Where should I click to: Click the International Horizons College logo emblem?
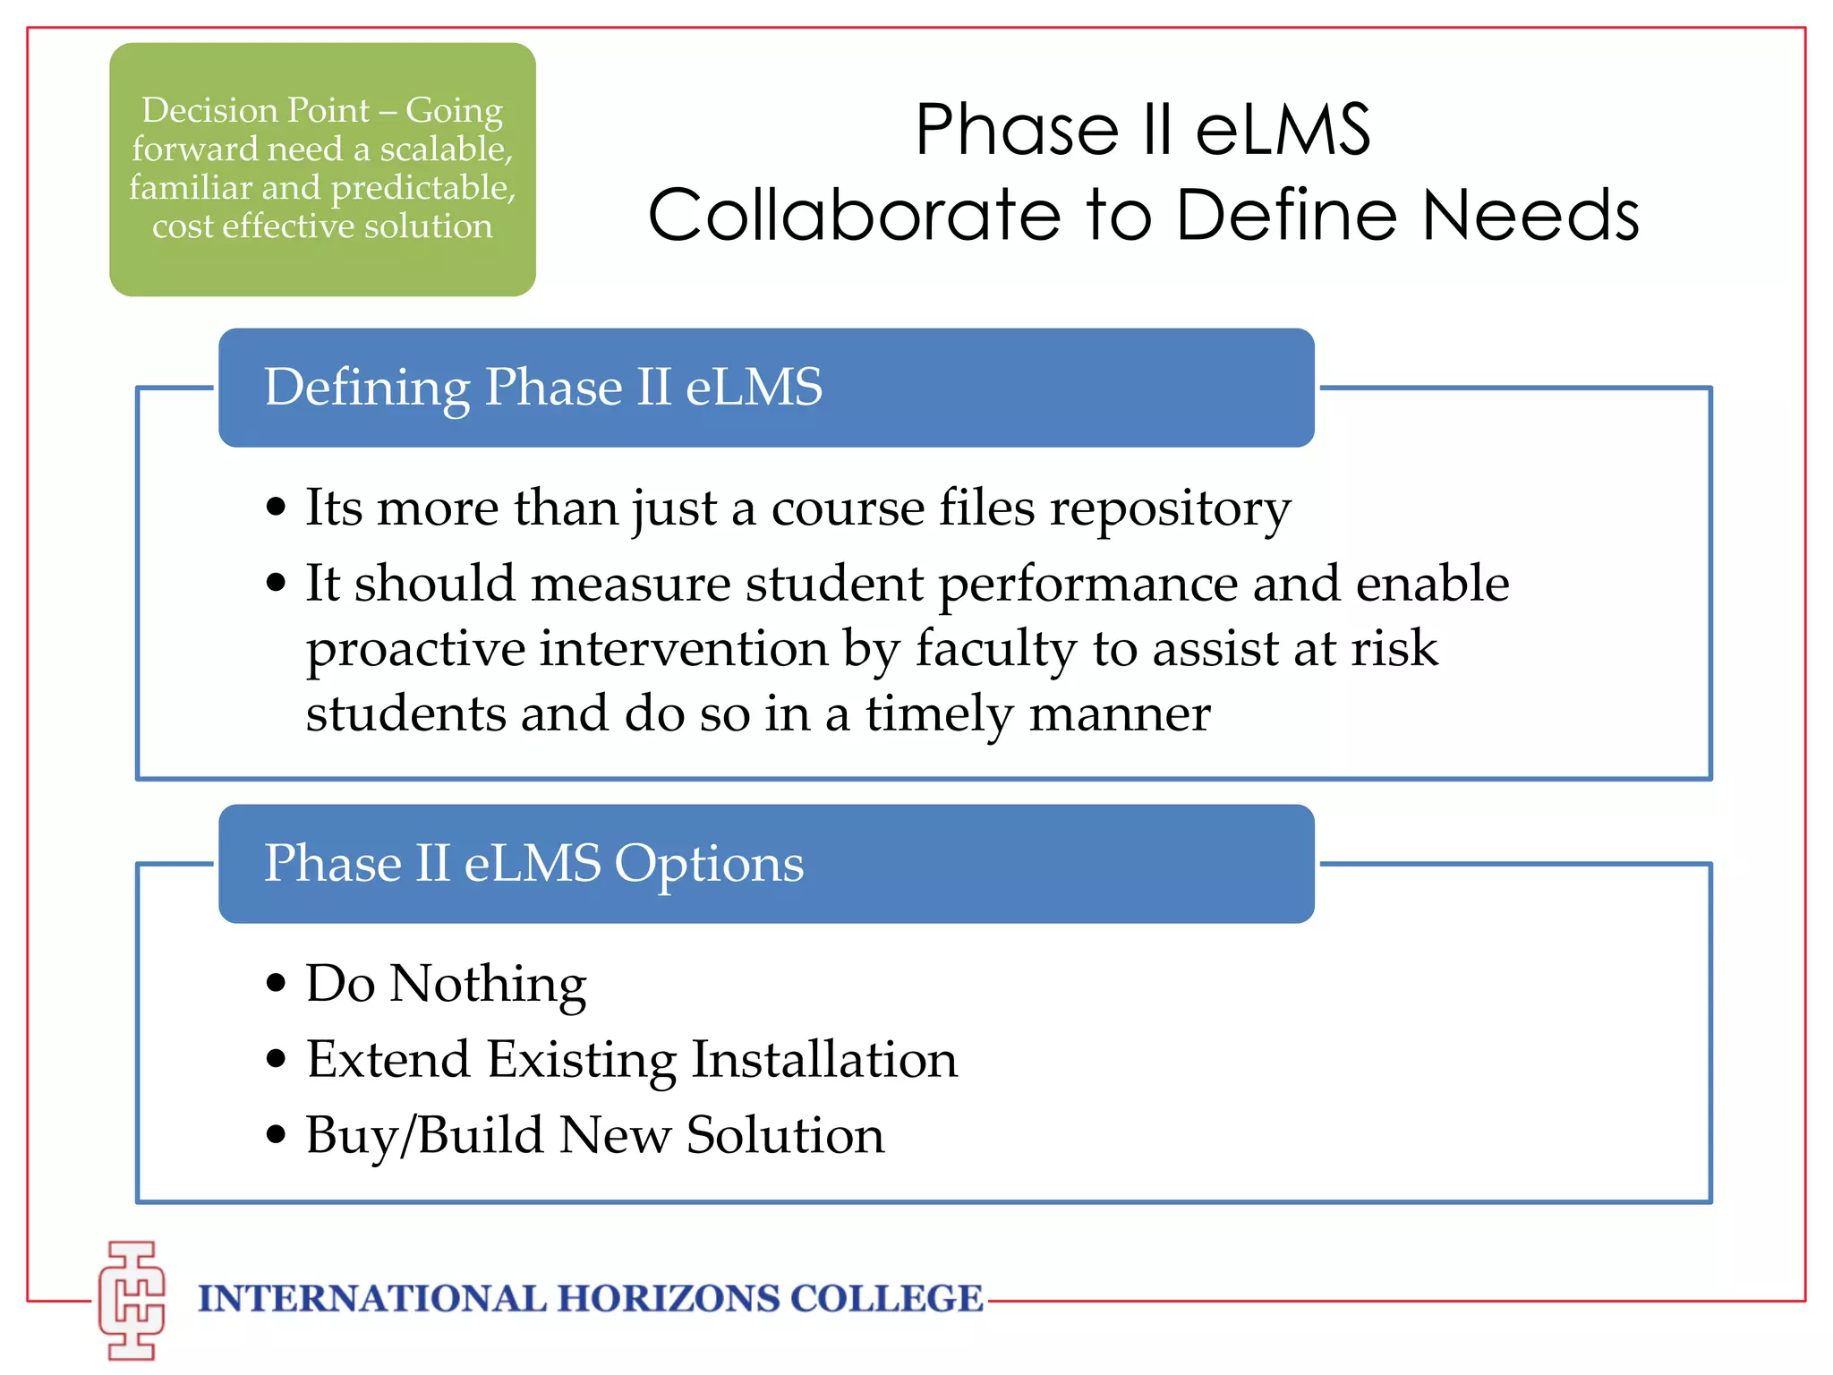(132, 1300)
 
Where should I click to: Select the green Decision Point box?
(322, 169)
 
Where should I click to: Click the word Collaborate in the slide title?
(855, 216)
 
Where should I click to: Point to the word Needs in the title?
(1530, 216)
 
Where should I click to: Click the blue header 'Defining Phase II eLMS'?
(766, 388)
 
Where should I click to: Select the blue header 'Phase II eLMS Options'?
(766, 864)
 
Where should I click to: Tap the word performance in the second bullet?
(1088, 585)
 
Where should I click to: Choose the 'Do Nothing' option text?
(446, 984)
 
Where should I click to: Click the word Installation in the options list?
(824, 1059)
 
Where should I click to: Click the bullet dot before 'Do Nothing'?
(277, 983)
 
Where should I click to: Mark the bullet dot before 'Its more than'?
(277, 507)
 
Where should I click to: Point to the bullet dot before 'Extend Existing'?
(277, 1059)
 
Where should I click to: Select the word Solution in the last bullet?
(785, 1135)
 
